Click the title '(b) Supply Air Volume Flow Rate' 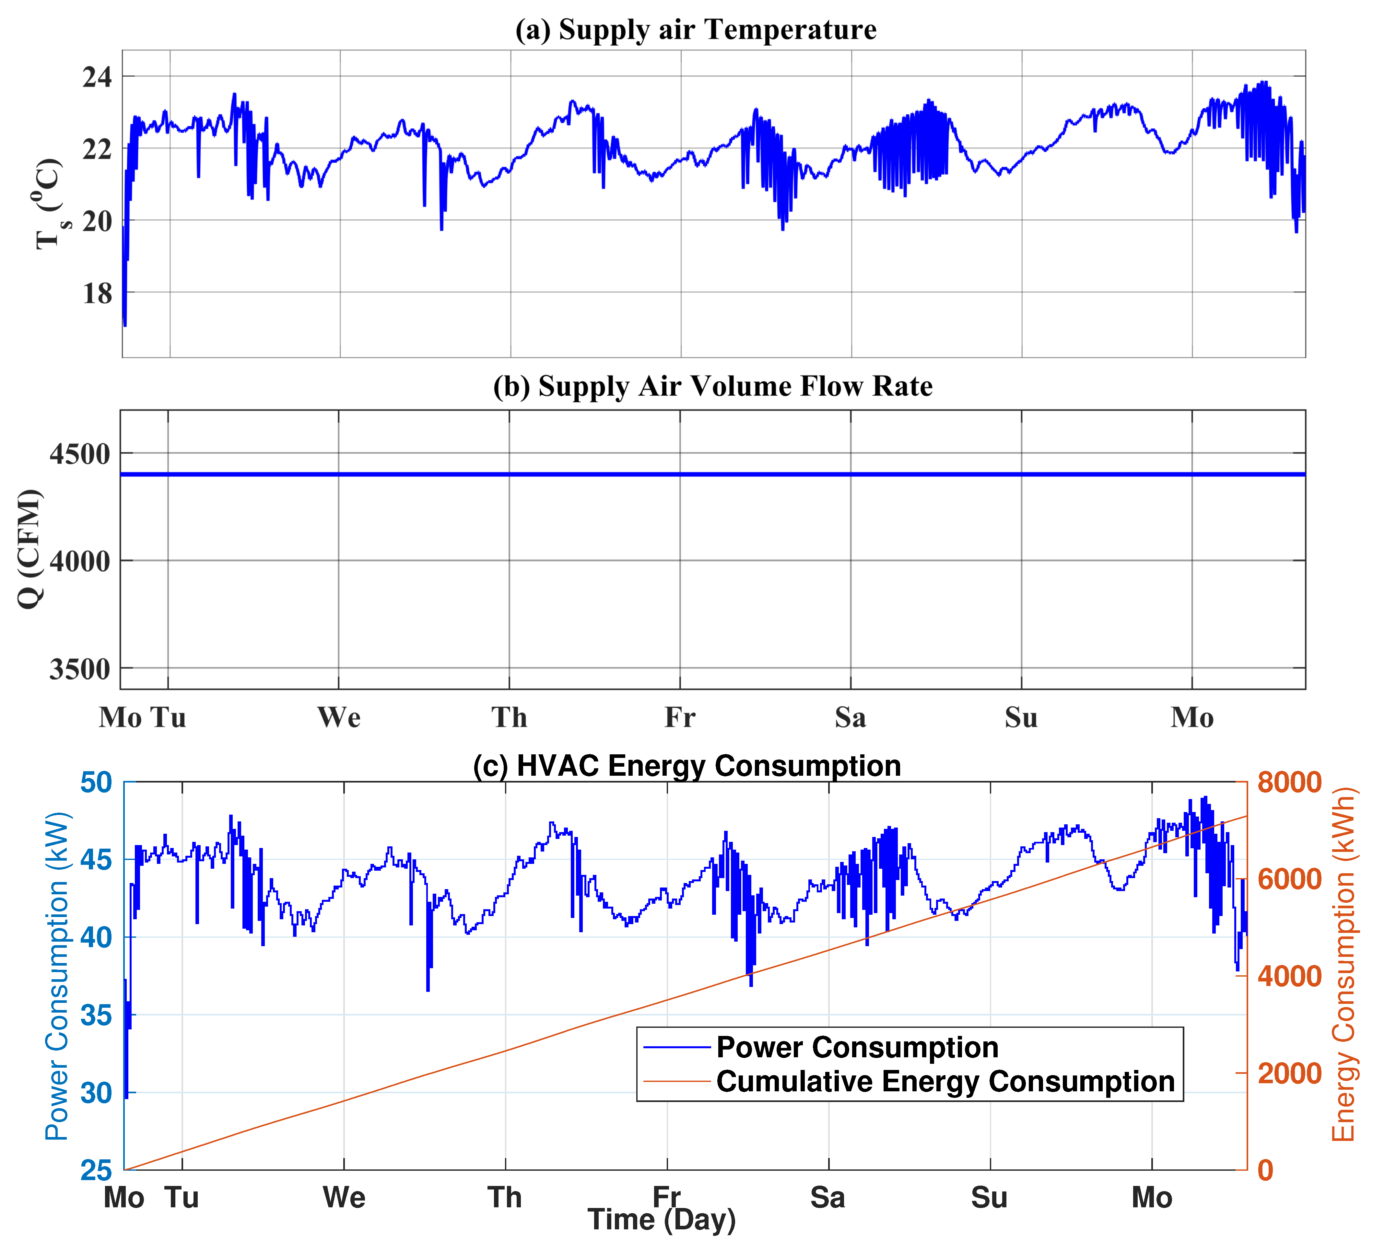pyautogui.click(x=712, y=386)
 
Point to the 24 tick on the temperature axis pyautogui.click(x=97, y=77)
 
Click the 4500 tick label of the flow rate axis pyautogui.click(x=80, y=454)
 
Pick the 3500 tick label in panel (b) pyautogui.click(x=80, y=669)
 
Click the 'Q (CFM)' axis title pyautogui.click(x=30, y=549)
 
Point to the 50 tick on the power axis pyautogui.click(x=96, y=783)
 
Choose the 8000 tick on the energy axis pyautogui.click(x=1289, y=783)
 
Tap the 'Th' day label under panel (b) pyautogui.click(x=510, y=718)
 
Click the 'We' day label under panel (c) pyautogui.click(x=344, y=1198)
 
